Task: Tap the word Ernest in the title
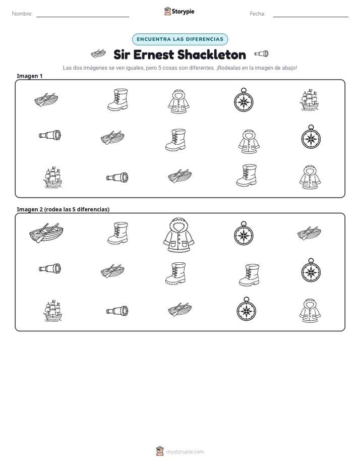[x=153, y=54]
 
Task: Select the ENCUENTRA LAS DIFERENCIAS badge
[x=180, y=39]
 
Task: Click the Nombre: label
[x=22, y=14]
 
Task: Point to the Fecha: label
[x=258, y=14]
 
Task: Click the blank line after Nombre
[x=83, y=17]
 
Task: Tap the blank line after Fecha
[x=311, y=17]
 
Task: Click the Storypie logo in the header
[x=179, y=11]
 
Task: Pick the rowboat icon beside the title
[x=98, y=54]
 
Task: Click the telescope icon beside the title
[x=261, y=54]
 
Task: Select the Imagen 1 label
[x=30, y=76]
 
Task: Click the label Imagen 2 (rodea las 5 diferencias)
[x=63, y=209]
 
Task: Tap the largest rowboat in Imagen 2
[x=46, y=232]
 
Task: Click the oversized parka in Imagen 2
[x=179, y=235]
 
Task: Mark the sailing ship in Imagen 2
[x=53, y=311]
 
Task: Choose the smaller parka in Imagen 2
[x=310, y=311]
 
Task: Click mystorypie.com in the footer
[x=185, y=452]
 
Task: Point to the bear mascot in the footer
[x=160, y=451]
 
